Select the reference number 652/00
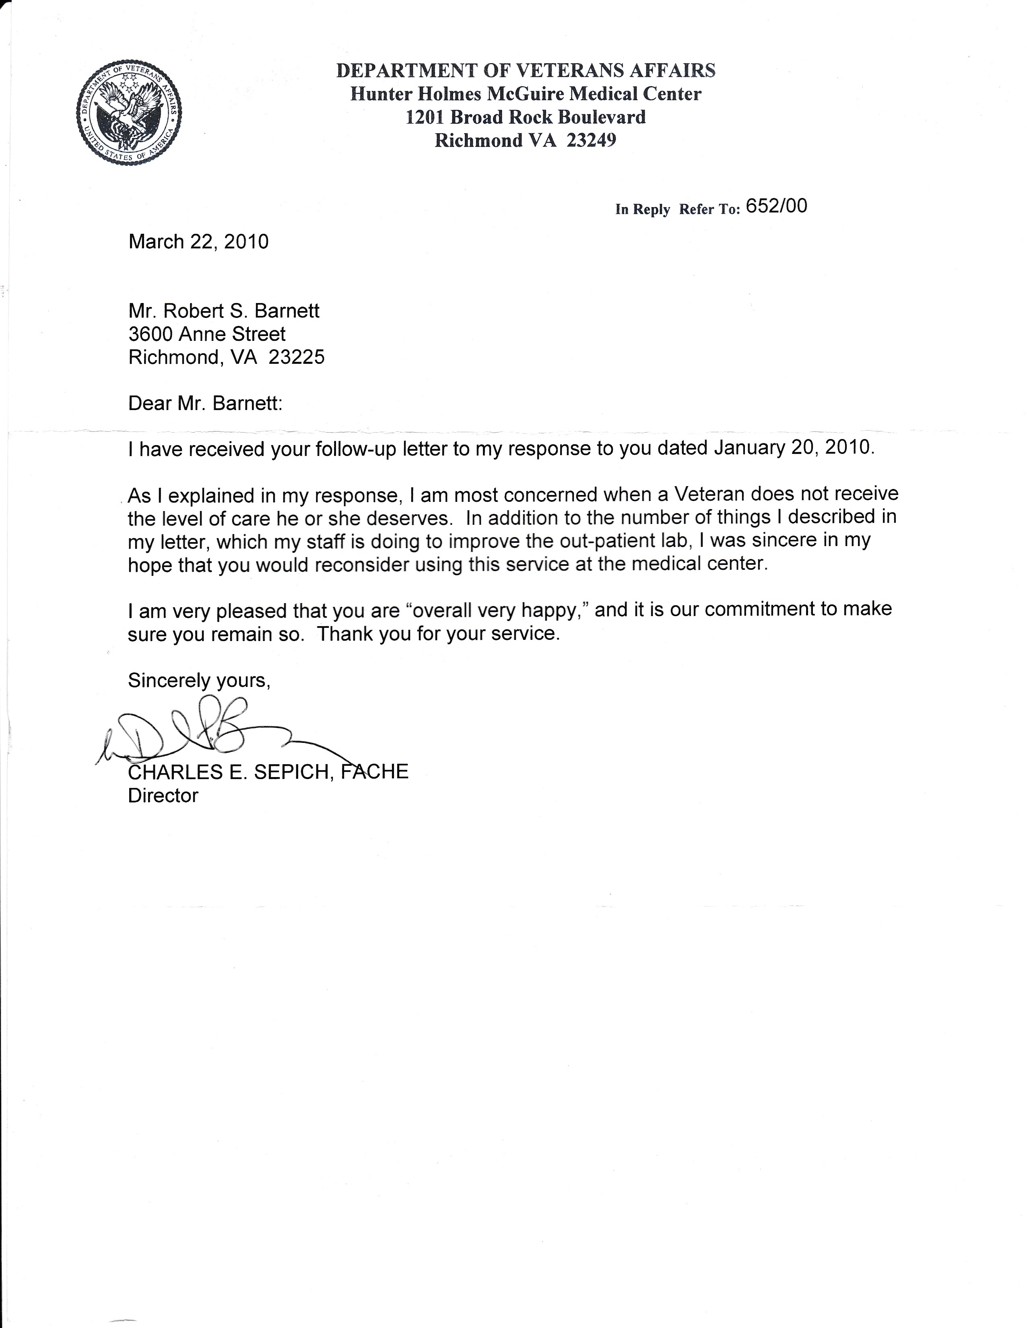tap(776, 207)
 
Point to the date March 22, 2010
tap(198, 242)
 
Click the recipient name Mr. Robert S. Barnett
tap(224, 311)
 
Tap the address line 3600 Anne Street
tap(207, 334)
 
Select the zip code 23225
tap(296, 357)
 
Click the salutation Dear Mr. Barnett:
tap(206, 404)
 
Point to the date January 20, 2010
tap(794, 448)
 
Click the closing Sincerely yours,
tap(199, 680)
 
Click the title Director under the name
tap(163, 796)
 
